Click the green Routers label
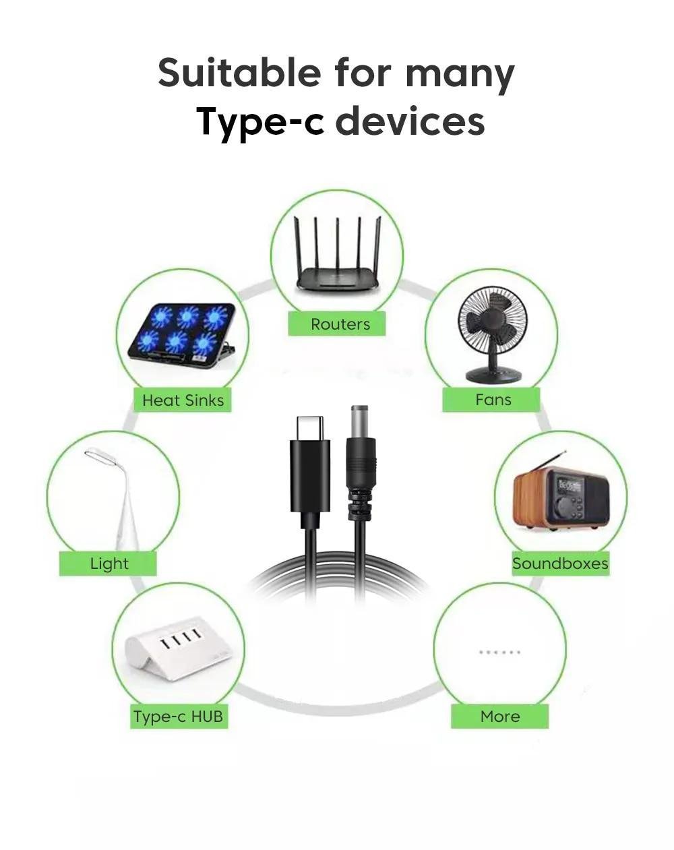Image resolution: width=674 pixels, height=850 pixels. [x=336, y=324]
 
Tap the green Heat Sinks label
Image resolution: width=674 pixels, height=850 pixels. [x=183, y=400]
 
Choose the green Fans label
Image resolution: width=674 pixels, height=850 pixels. [x=491, y=400]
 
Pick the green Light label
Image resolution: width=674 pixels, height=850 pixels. [x=108, y=564]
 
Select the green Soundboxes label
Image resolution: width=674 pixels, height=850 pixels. [x=560, y=564]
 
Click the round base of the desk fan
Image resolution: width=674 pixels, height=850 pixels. [x=491, y=375]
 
